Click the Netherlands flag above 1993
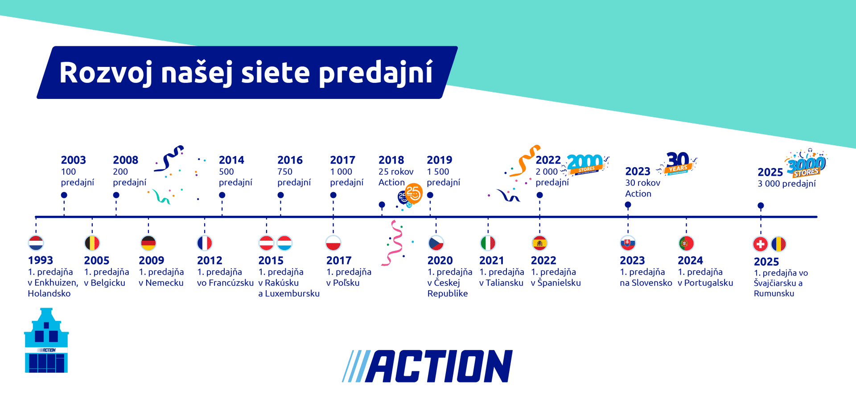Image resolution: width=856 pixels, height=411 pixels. [x=36, y=243]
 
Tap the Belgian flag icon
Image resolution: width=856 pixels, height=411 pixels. [x=92, y=243]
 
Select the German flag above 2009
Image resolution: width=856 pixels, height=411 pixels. [x=148, y=243]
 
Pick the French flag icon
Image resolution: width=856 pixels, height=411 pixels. [x=205, y=243]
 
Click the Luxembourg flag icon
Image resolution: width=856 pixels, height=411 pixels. [x=284, y=243]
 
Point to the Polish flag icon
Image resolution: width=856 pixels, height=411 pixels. [x=333, y=243]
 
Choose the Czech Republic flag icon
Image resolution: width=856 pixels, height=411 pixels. [x=436, y=243]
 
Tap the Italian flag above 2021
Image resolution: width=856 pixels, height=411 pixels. [x=488, y=243]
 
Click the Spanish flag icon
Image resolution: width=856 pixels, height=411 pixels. [x=539, y=243]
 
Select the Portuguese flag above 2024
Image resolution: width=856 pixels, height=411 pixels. [x=687, y=243]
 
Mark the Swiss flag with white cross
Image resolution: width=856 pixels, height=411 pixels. [x=761, y=244]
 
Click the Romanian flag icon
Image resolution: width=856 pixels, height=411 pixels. [x=778, y=244]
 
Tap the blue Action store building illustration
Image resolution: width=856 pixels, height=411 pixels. [x=46, y=341]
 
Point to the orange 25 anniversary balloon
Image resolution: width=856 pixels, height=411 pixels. [x=413, y=193]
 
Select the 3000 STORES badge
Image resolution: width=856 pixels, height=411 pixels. [x=807, y=165]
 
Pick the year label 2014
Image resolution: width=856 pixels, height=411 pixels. [x=231, y=160]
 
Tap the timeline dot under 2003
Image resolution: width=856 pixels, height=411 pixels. [x=64, y=195]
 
